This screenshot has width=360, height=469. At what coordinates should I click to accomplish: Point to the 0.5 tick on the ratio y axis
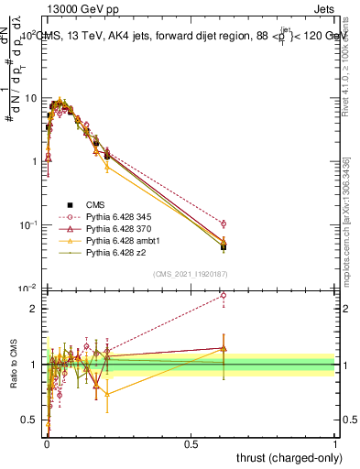click(29, 420)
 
